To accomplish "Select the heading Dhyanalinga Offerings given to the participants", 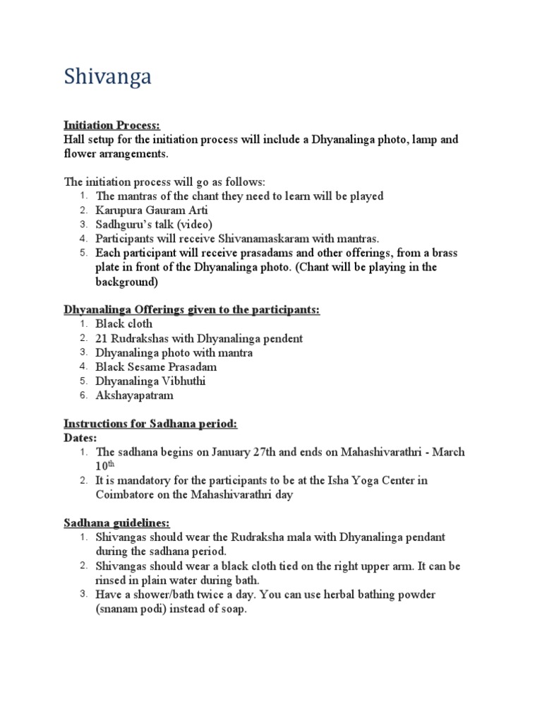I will tap(192, 310).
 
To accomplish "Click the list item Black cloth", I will tap(124, 324).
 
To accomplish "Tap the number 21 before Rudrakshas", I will tap(102, 338).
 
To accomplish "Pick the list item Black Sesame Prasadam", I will tap(156, 367).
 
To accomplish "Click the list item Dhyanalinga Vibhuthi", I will tap(150, 381).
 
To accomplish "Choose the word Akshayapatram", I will tap(134, 395).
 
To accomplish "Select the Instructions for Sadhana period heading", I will tap(150, 424).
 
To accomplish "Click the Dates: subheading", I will tap(80, 438).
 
